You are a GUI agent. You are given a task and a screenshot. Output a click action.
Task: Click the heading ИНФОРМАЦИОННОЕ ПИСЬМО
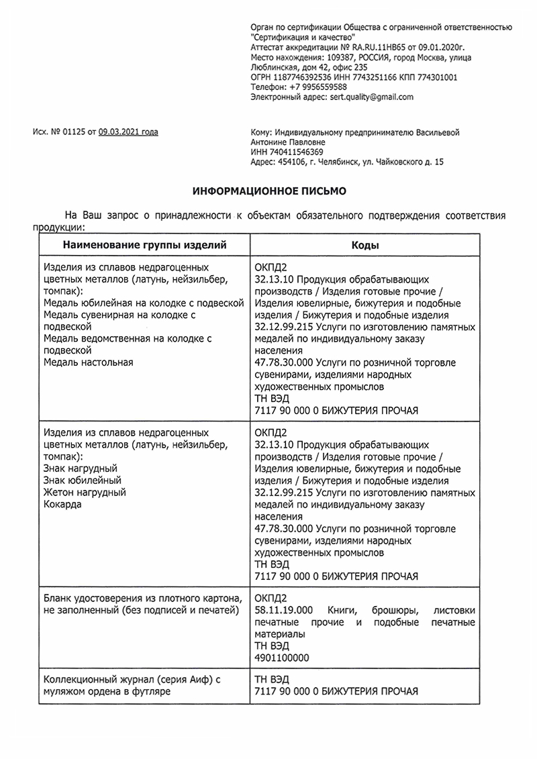coord(269,192)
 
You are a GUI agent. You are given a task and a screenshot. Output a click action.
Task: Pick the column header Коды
coord(365,245)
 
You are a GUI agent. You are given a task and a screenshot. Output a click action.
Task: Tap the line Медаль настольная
coord(88,362)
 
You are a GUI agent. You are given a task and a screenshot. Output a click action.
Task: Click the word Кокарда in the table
coord(62,504)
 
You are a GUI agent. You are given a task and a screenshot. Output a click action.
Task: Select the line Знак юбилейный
coord(81,480)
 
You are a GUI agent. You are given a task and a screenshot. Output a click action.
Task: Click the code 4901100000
coord(282,658)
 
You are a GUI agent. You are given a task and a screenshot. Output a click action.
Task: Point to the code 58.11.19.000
coord(285,610)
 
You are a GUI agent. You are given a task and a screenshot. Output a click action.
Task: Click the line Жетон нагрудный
coord(84,492)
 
